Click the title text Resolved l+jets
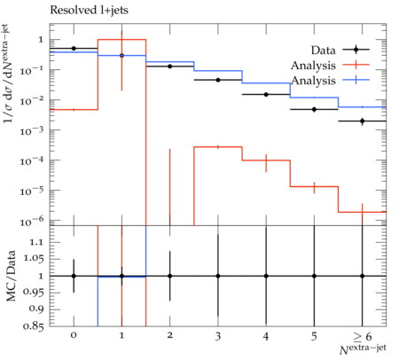pyautogui.click(x=89, y=11)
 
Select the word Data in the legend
pyautogui.click(x=323, y=51)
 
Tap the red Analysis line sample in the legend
pyautogui.click(x=356, y=65)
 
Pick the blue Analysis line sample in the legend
pyautogui.click(x=356, y=80)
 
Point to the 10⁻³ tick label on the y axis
pyautogui.click(x=33, y=130)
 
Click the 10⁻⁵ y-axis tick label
pyautogui.click(x=33, y=191)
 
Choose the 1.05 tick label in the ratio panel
pyautogui.click(x=33, y=258)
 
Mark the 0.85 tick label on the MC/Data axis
pyautogui.click(x=33, y=326)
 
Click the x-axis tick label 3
pyautogui.click(x=218, y=336)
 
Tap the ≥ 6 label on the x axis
pyautogui.click(x=362, y=336)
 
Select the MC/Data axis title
pyautogui.click(x=11, y=276)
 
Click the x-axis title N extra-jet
pyautogui.click(x=363, y=349)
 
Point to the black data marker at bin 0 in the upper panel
pyautogui.click(x=74, y=49)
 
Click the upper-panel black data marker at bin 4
pyautogui.click(x=266, y=95)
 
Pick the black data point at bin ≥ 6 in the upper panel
pyautogui.click(x=363, y=121)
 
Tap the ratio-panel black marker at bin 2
pyautogui.click(x=170, y=276)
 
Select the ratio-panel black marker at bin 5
pyautogui.click(x=314, y=276)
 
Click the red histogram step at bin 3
pyautogui.click(x=218, y=147)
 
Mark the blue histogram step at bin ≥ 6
pyautogui.click(x=363, y=107)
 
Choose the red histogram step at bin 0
pyautogui.click(x=74, y=110)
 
